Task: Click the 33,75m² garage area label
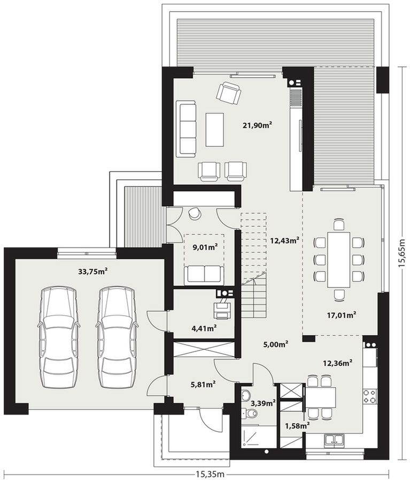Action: click(92, 272)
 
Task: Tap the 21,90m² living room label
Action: click(258, 125)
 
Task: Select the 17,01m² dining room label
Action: click(341, 315)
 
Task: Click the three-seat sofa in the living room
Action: click(186, 129)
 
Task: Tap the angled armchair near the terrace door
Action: click(229, 93)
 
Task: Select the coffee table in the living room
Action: click(214, 130)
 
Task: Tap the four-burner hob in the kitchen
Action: click(369, 396)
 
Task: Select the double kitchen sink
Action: click(334, 440)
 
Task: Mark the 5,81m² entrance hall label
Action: click(203, 384)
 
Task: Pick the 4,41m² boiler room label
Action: click(204, 328)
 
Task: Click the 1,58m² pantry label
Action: click(297, 426)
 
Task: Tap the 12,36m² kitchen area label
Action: click(337, 363)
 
